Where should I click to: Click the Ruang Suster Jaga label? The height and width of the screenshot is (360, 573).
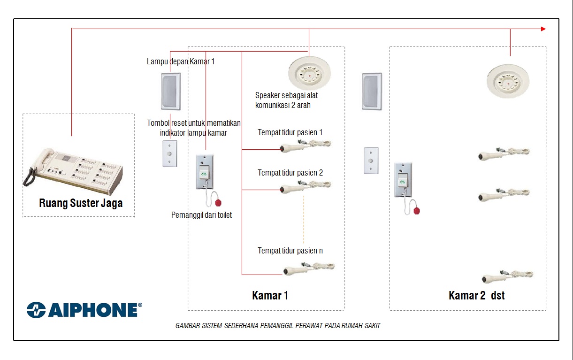click(x=81, y=203)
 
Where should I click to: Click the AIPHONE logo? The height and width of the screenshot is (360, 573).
click(x=84, y=310)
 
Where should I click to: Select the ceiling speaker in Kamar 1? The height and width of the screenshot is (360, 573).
click(x=309, y=73)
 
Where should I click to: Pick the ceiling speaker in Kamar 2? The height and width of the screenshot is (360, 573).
click(x=508, y=81)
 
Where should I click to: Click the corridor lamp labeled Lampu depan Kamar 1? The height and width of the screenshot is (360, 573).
click(x=171, y=92)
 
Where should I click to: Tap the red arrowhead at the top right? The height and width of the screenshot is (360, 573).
click(x=543, y=29)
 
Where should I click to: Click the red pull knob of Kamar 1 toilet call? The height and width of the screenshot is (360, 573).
click(x=218, y=203)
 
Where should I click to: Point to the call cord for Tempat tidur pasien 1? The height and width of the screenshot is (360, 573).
click(x=306, y=146)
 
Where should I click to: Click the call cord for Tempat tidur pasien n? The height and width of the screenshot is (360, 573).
click(x=309, y=268)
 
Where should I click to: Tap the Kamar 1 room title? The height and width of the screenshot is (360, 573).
click(x=270, y=296)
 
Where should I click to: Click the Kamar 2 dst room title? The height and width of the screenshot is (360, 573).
click(x=477, y=296)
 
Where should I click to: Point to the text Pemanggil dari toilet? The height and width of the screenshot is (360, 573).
click(x=202, y=215)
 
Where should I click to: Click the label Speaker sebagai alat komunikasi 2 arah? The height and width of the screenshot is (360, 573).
click(x=286, y=100)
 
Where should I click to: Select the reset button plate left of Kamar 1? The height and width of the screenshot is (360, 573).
click(x=169, y=153)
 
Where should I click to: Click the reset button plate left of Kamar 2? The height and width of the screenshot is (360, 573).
click(x=371, y=161)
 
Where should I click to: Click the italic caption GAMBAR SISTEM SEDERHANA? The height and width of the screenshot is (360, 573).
click(x=278, y=326)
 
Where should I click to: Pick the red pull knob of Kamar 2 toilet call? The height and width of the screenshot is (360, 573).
click(x=417, y=211)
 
